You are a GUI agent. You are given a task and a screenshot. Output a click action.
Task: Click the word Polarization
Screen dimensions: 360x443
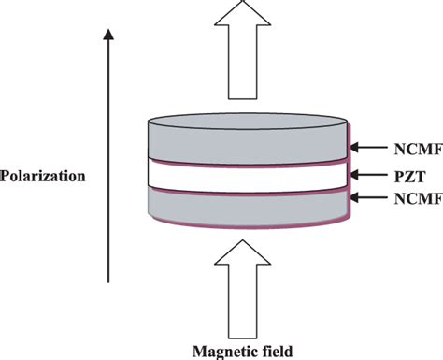(42, 174)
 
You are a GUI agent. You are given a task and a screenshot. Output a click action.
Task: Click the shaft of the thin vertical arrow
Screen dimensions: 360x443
(109, 159)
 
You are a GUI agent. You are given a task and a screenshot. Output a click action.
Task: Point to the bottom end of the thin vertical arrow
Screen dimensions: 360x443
(109, 281)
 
